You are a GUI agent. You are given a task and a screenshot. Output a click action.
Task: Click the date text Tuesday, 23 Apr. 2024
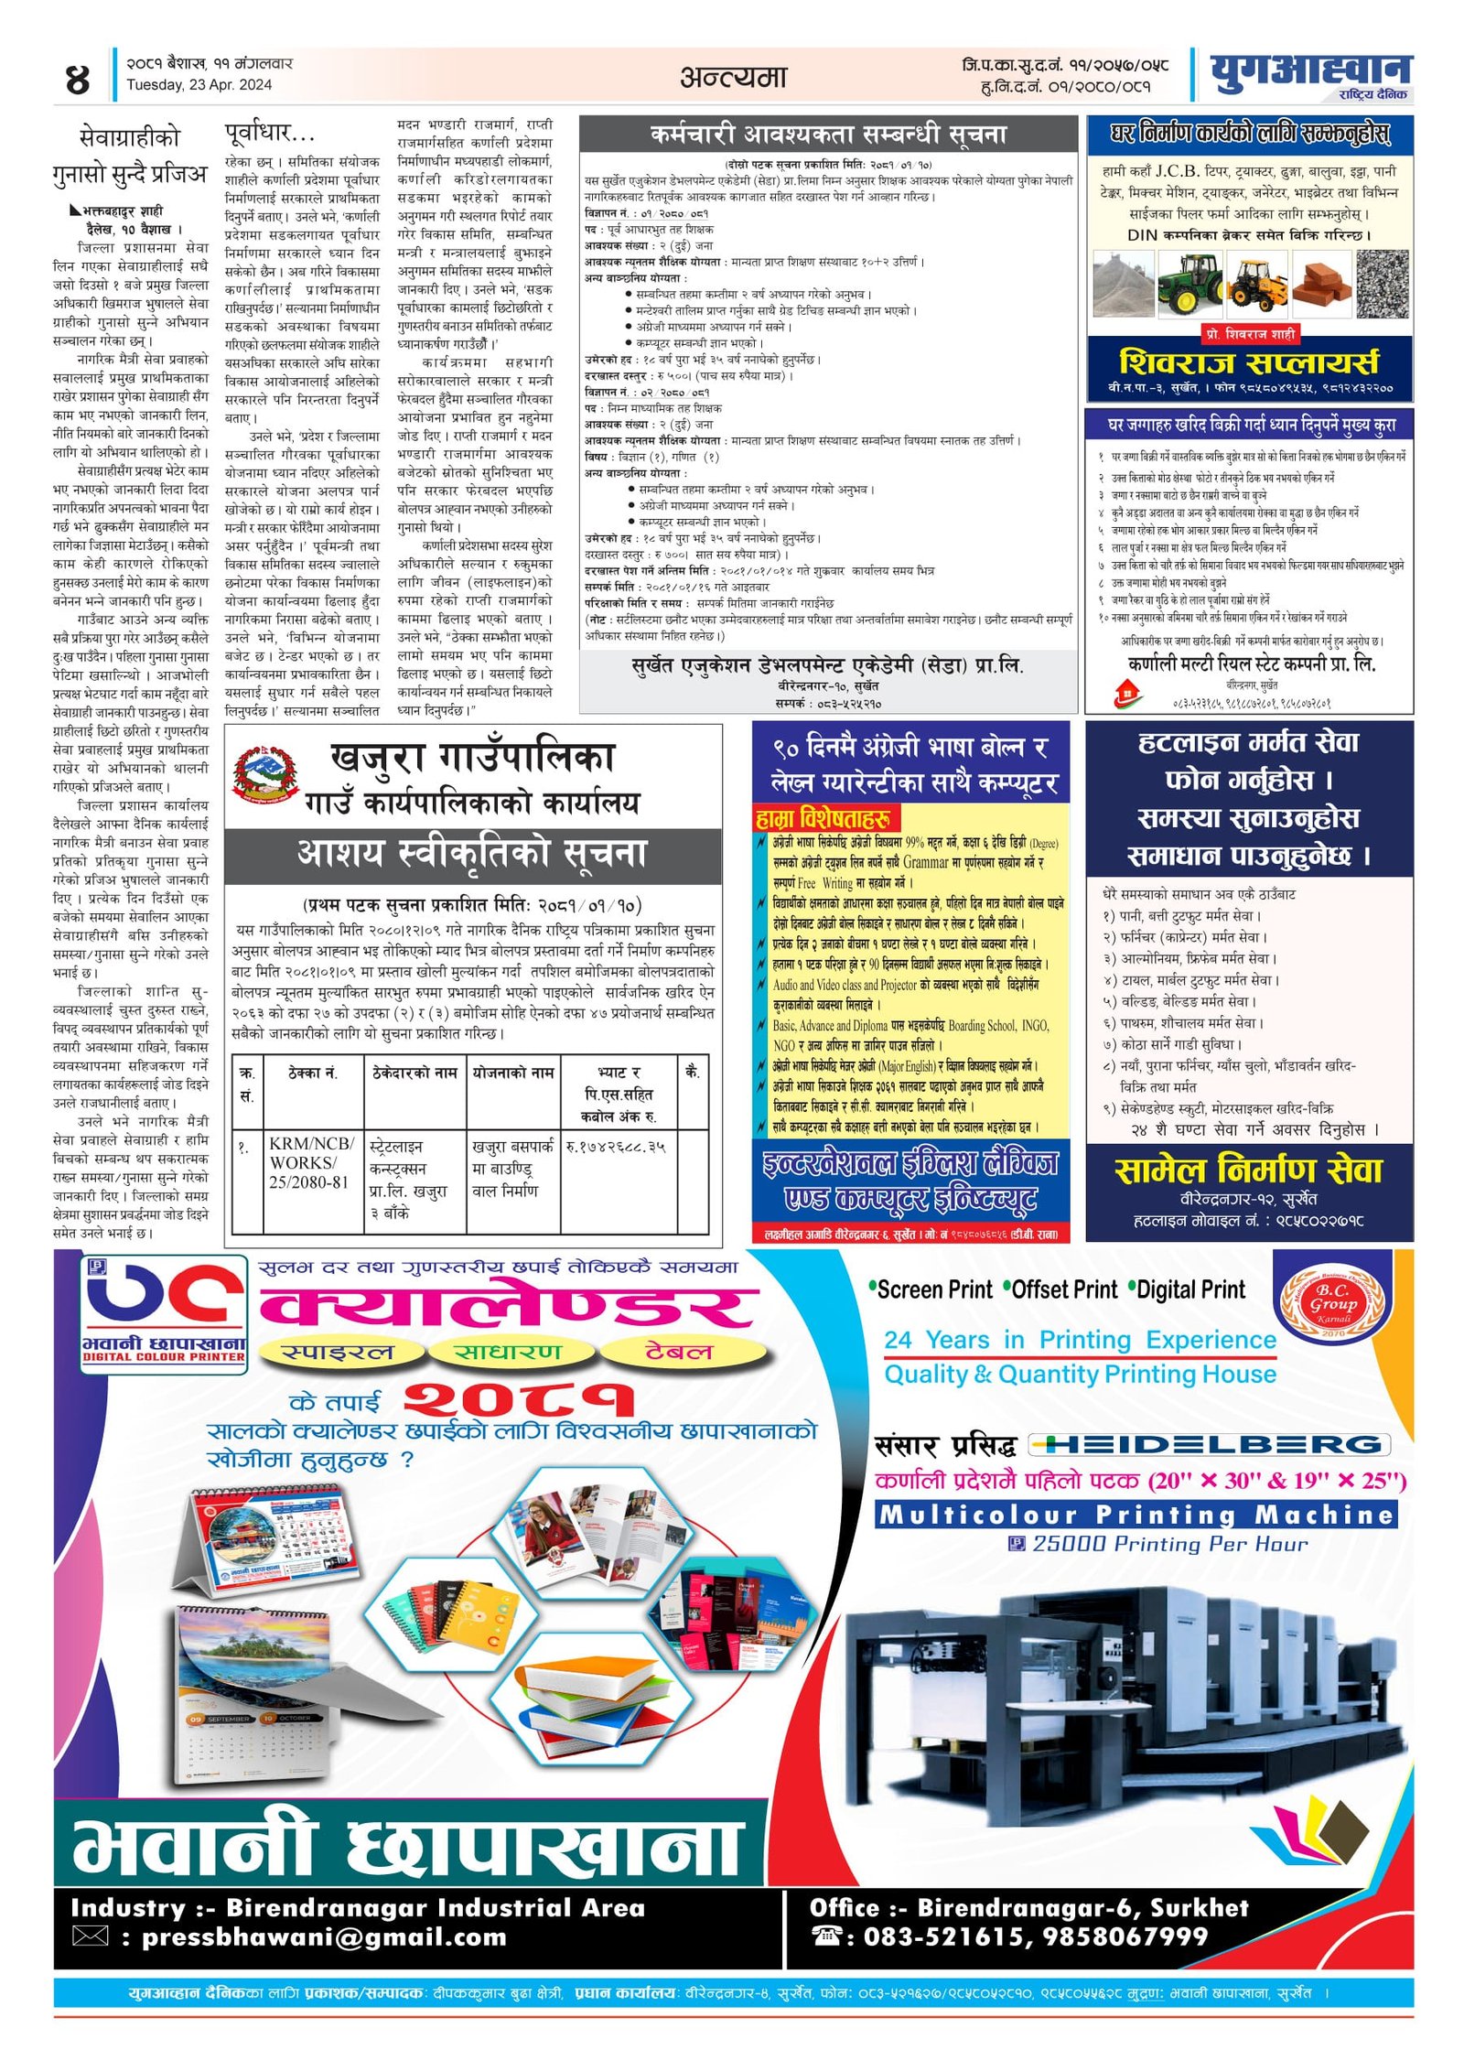point(199,85)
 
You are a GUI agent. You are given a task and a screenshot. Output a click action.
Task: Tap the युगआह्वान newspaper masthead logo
point(1309,71)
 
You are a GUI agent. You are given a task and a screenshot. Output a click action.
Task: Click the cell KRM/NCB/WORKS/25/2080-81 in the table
point(311,1163)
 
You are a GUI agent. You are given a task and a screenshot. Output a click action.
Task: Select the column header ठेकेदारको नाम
point(414,1073)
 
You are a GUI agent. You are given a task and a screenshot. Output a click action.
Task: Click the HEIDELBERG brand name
point(1211,1444)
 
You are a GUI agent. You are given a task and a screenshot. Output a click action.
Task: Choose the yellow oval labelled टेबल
point(678,1353)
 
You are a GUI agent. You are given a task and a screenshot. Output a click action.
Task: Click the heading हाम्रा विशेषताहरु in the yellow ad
point(827,817)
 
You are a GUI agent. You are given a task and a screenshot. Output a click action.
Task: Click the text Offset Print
point(1064,1290)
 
